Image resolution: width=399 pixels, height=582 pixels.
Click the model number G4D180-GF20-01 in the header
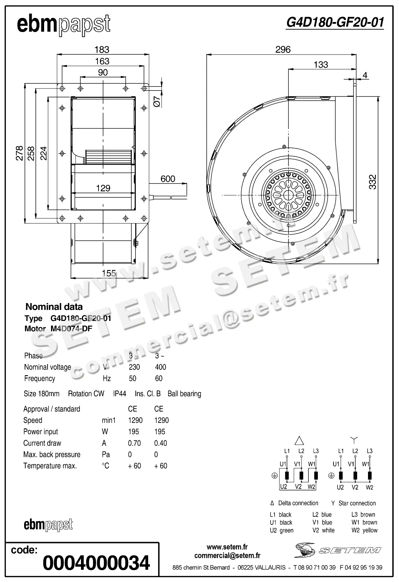[335, 23]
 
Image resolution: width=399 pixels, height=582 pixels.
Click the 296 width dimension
[283, 50]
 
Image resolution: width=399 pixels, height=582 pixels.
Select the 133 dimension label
[321, 64]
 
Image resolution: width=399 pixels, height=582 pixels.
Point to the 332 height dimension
[373, 182]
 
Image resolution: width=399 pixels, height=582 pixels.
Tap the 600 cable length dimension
[168, 179]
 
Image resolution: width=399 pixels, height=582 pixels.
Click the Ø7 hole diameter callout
[156, 102]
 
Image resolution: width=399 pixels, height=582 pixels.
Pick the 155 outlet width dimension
[109, 273]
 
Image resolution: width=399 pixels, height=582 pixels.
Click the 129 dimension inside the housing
[103, 188]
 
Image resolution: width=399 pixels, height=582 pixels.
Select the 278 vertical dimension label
[19, 153]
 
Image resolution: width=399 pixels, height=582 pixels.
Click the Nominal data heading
[54, 306]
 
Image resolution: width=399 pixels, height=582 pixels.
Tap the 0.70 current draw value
[134, 443]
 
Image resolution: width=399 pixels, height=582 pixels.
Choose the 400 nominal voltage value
[161, 367]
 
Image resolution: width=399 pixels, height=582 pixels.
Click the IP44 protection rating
[120, 394]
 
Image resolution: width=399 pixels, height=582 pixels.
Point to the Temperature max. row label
[50, 466]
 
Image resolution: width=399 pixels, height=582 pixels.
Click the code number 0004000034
[96, 563]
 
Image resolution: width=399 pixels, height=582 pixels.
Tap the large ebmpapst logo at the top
[64, 25]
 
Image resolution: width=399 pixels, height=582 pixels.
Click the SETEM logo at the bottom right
[338, 550]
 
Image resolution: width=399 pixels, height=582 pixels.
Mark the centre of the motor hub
[287, 195]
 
